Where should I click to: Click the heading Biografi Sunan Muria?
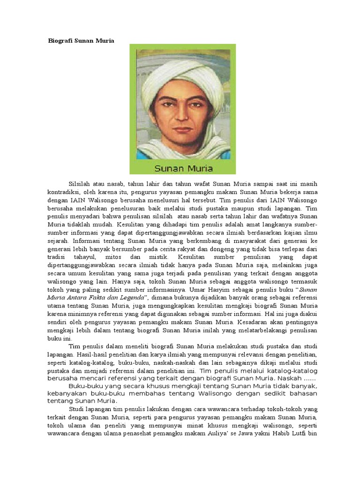pos(81,41)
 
